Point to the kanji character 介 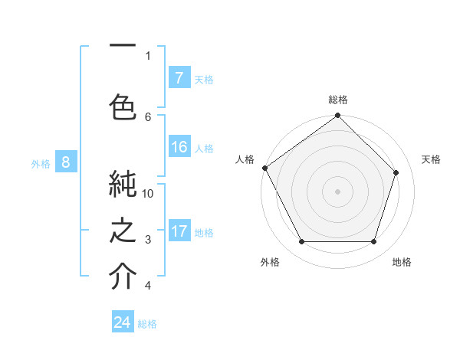click(x=123, y=277)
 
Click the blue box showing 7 click(x=179, y=78)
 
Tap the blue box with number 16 click(x=179, y=148)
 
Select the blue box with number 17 click(x=179, y=232)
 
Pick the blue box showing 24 click(x=123, y=322)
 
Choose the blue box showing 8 click(x=66, y=162)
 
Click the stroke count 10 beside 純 click(x=148, y=193)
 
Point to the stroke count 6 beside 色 click(x=148, y=116)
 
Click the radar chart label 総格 click(x=338, y=100)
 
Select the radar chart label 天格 click(x=431, y=159)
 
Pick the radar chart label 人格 click(x=245, y=159)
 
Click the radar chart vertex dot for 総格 click(x=337, y=116)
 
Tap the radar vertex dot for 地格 click(x=374, y=242)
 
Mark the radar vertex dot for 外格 click(x=301, y=242)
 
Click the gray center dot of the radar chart click(x=337, y=191)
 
